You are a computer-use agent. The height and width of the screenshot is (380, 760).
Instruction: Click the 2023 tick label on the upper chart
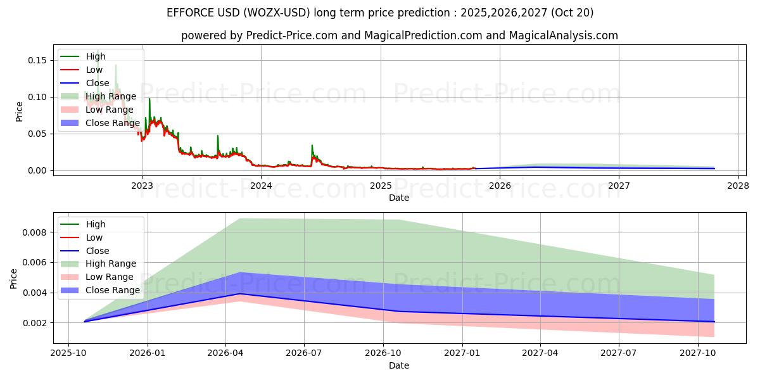click(141, 186)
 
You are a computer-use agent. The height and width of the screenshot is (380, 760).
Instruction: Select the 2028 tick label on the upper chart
click(738, 186)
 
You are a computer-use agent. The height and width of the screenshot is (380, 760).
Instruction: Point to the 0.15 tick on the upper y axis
click(37, 60)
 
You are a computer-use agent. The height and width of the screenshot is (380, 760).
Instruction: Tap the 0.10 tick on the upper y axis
click(37, 97)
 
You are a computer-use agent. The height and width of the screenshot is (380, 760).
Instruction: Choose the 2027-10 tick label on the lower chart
click(697, 353)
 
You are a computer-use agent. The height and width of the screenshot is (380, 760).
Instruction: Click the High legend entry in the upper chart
click(96, 56)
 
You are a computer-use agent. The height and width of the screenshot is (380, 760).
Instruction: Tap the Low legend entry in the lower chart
click(94, 237)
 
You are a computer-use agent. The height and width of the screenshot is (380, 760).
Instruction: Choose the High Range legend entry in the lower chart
click(111, 263)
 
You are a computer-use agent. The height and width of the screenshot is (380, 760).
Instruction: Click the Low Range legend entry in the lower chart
click(110, 277)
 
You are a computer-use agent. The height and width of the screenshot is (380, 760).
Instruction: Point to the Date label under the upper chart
click(399, 198)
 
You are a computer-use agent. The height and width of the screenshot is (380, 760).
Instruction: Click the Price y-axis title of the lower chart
click(14, 278)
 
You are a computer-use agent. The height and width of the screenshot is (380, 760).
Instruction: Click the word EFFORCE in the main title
click(189, 13)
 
